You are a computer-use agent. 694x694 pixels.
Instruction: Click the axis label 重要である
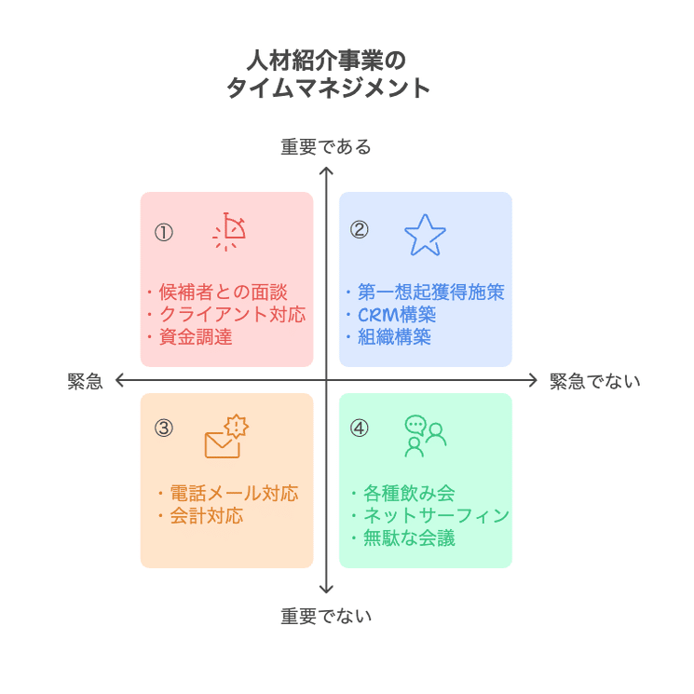[x=326, y=147]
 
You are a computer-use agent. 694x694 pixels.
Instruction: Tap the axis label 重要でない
[x=326, y=616]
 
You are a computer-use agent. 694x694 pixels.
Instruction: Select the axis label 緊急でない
[x=594, y=381]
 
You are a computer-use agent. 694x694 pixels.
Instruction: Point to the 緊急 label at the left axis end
[x=85, y=381]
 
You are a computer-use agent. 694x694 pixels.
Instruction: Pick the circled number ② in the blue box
[x=359, y=230]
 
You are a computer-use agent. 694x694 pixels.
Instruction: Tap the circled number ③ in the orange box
[x=164, y=429]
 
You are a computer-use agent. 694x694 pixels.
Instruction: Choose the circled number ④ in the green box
[x=359, y=429]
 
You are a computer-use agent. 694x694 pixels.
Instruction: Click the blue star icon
[x=425, y=235]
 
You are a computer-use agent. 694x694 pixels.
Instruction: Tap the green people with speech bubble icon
[x=425, y=436]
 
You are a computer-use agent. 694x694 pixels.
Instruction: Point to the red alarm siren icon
[x=229, y=233]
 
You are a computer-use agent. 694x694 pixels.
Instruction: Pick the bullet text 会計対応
[x=206, y=516]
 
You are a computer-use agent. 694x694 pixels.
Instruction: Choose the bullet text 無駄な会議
[x=408, y=538]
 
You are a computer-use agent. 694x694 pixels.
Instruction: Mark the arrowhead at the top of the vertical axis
[x=326, y=170]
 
